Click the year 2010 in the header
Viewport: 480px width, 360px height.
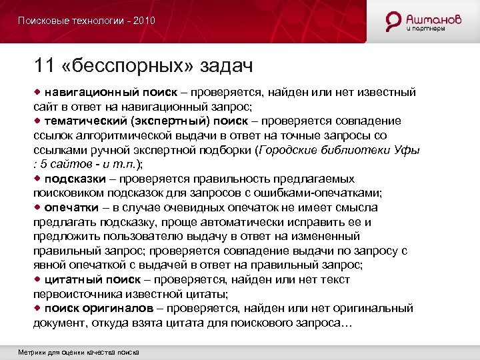point(144,21)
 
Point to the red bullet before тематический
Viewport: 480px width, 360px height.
point(38,120)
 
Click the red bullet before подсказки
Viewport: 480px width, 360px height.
point(38,179)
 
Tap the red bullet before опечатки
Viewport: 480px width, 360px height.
point(38,207)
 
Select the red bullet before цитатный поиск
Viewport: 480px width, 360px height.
point(38,279)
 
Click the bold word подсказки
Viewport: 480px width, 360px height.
point(73,179)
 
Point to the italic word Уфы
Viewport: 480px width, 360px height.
point(409,150)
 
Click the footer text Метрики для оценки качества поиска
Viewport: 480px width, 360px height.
point(79,351)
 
